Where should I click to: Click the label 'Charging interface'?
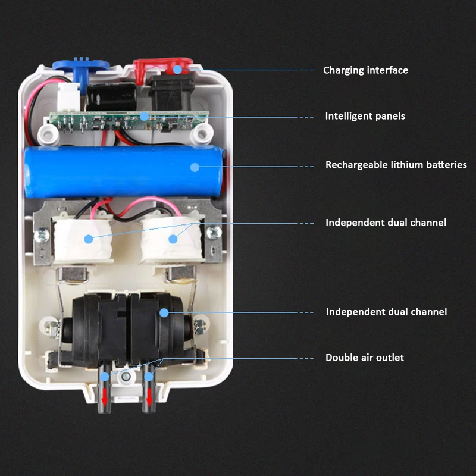(365, 70)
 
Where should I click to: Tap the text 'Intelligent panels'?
(365, 116)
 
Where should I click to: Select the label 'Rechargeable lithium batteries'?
(396, 165)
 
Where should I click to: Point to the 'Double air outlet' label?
(364, 358)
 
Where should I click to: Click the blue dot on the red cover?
(177, 69)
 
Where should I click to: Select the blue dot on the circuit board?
(145, 116)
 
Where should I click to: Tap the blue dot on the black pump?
(164, 312)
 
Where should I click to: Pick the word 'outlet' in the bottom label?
(389, 358)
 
